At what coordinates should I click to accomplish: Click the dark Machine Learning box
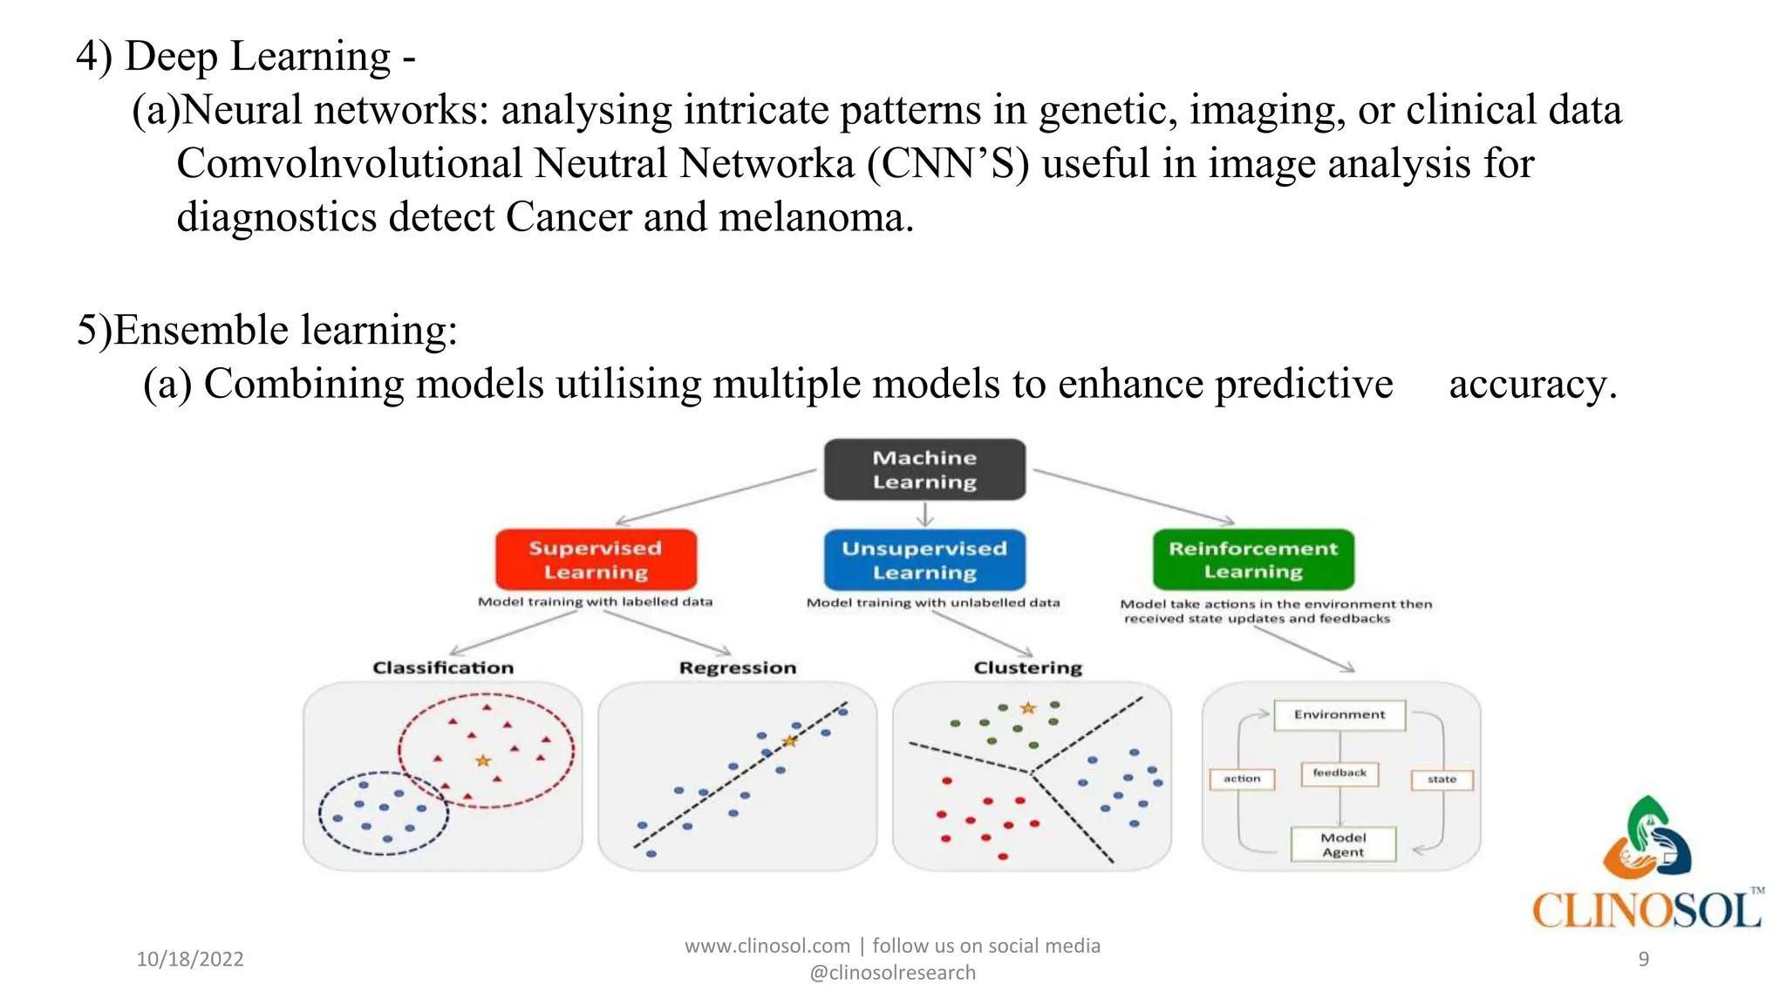tap(924, 469)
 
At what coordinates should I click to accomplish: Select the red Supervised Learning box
tap(596, 559)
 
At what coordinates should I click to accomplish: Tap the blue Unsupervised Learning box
tap(924, 559)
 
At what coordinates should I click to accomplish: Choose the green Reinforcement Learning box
tap(1253, 559)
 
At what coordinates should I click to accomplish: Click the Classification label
tap(443, 667)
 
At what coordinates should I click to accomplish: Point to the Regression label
tap(738, 667)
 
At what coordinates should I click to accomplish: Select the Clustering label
tap(1027, 667)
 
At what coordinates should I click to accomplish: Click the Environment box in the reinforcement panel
tap(1339, 714)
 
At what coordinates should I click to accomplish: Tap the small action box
tap(1242, 778)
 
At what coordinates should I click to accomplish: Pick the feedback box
tap(1339, 773)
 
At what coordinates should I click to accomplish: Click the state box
tap(1442, 779)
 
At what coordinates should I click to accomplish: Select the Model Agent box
tap(1343, 844)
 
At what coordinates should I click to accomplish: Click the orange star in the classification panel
tap(482, 761)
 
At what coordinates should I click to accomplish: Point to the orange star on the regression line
tap(790, 741)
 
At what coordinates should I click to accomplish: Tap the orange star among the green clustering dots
tap(1028, 708)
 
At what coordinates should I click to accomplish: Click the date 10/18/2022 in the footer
tap(190, 959)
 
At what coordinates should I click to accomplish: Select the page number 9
tap(1643, 959)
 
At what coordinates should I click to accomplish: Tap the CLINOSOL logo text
tap(1646, 911)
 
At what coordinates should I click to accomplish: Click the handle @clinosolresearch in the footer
tap(892, 973)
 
